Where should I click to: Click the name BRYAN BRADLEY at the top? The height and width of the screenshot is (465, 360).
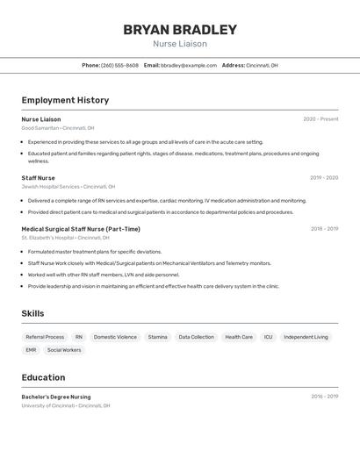click(x=180, y=30)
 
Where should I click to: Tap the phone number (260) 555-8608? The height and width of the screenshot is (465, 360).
click(x=119, y=66)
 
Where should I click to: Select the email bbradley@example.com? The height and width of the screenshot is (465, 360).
click(x=189, y=66)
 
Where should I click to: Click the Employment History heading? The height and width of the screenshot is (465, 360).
click(x=65, y=100)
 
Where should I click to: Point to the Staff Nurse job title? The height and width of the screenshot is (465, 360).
click(x=38, y=178)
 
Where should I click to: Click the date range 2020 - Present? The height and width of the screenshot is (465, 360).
click(x=320, y=119)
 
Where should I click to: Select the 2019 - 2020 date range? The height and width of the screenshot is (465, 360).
click(x=324, y=178)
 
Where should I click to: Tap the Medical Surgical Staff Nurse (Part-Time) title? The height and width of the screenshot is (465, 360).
click(x=81, y=229)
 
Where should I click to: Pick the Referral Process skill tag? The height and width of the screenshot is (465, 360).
click(x=45, y=337)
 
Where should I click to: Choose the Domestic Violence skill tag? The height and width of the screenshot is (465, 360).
click(x=115, y=337)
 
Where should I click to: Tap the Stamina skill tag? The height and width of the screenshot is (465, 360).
click(x=157, y=337)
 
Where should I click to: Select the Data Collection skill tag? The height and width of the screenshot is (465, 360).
click(x=196, y=337)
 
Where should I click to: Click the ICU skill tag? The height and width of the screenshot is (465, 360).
click(x=268, y=337)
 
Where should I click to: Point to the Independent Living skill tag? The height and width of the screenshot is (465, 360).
click(x=306, y=337)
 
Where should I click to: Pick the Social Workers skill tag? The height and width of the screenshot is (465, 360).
click(x=64, y=350)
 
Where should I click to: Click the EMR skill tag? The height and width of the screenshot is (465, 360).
click(x=31, y=350)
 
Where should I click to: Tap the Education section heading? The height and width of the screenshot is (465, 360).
click(x=43, y=377)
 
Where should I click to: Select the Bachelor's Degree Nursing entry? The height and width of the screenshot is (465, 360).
click(x=56, y=397)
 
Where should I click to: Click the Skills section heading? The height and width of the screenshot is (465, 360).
click(x=32, y=313)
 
